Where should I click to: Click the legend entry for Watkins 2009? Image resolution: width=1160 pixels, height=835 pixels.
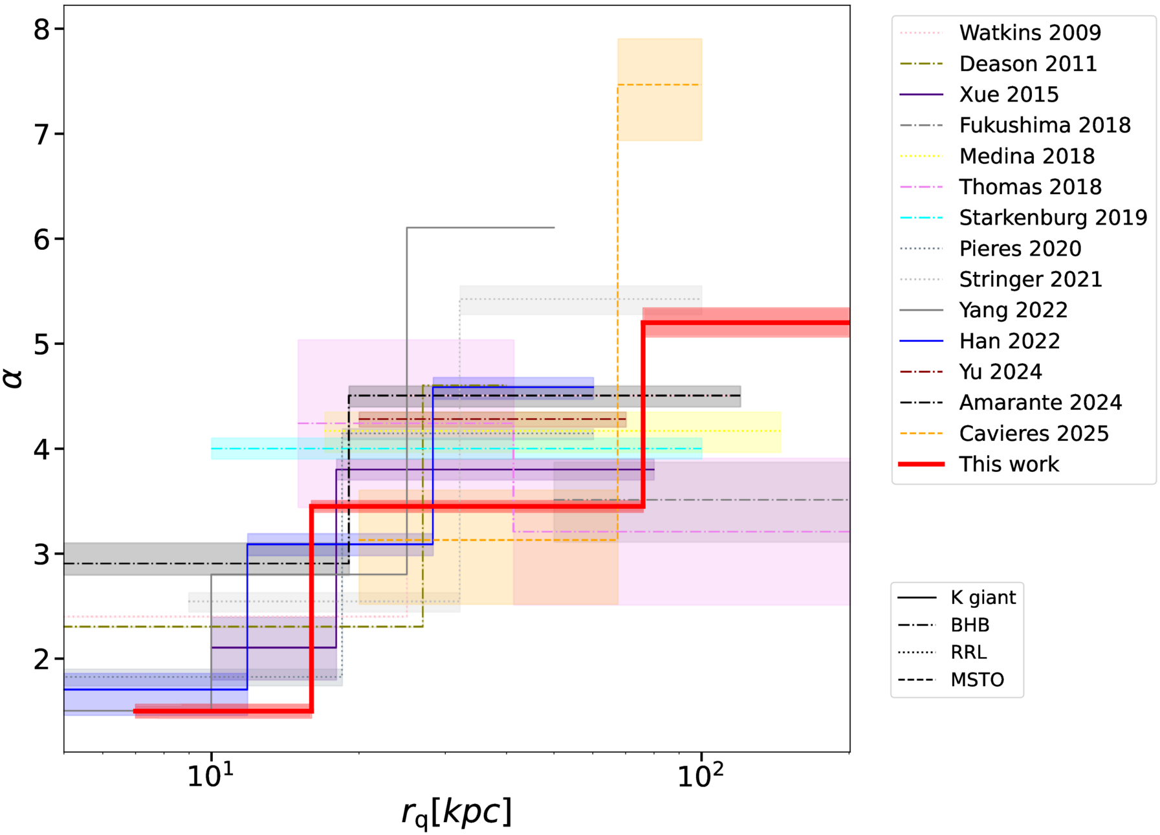tap(1029, 32)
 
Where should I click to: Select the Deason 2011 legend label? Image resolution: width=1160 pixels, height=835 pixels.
tap(1027, 63)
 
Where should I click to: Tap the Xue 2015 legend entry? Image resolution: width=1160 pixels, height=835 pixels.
tap(1009, 95)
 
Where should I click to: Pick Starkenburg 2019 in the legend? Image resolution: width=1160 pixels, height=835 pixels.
tap(1053, 217)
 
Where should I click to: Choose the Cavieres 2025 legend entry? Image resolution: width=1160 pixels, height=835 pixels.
tap(1033, 433)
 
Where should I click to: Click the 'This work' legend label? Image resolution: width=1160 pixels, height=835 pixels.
tap(1009, 464)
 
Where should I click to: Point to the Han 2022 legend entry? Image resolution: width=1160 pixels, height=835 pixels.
tap(1009, 341)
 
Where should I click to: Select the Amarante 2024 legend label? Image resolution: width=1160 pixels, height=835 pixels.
tap(1040, 403)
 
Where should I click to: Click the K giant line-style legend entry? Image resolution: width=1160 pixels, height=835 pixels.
tap(983, 597)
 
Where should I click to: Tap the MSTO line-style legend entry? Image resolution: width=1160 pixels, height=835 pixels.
tap(977, 680)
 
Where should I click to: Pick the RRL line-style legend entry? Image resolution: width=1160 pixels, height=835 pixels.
tap(968, 652)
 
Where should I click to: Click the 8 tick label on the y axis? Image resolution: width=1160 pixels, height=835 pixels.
tap(41, 29)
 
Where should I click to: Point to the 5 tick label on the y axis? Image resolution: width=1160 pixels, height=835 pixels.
tap(41, 344)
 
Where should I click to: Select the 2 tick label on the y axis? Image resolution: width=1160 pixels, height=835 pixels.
tap(41, 660)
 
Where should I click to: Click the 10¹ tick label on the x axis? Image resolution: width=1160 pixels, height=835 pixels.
tap(211, 775)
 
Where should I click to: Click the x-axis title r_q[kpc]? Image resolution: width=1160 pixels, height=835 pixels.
tap(456, 812)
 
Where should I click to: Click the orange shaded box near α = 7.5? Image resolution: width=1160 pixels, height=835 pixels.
tap(659, 89)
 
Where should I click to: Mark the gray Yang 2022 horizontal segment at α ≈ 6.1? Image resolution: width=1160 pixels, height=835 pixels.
tap(480, 228)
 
